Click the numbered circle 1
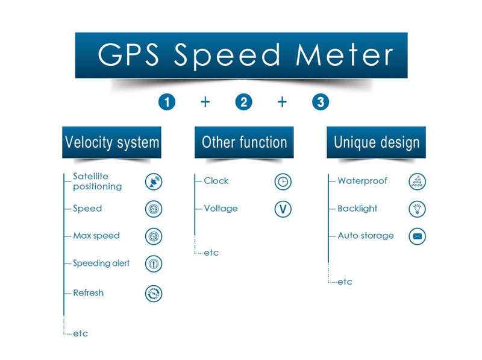point(167,102)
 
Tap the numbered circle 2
point(243,102)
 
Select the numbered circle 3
point(321,102)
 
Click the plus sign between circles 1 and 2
point(205,102)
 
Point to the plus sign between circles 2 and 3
point(282,102)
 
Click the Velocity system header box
point(111,142)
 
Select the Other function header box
point(244,142)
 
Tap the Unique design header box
point(376,142)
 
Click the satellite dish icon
point(154,182)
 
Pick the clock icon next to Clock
point(283,182)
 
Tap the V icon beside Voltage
point(283,209)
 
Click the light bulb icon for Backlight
point(417,209)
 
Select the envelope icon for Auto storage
point(417,236)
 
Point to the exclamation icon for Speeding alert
point(154,264)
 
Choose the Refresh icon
point(154,293)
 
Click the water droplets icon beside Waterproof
point(417,182)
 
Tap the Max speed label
point(96,236)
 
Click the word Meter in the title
point(344,55)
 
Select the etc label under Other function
point(211,253)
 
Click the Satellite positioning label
point(97,182)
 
